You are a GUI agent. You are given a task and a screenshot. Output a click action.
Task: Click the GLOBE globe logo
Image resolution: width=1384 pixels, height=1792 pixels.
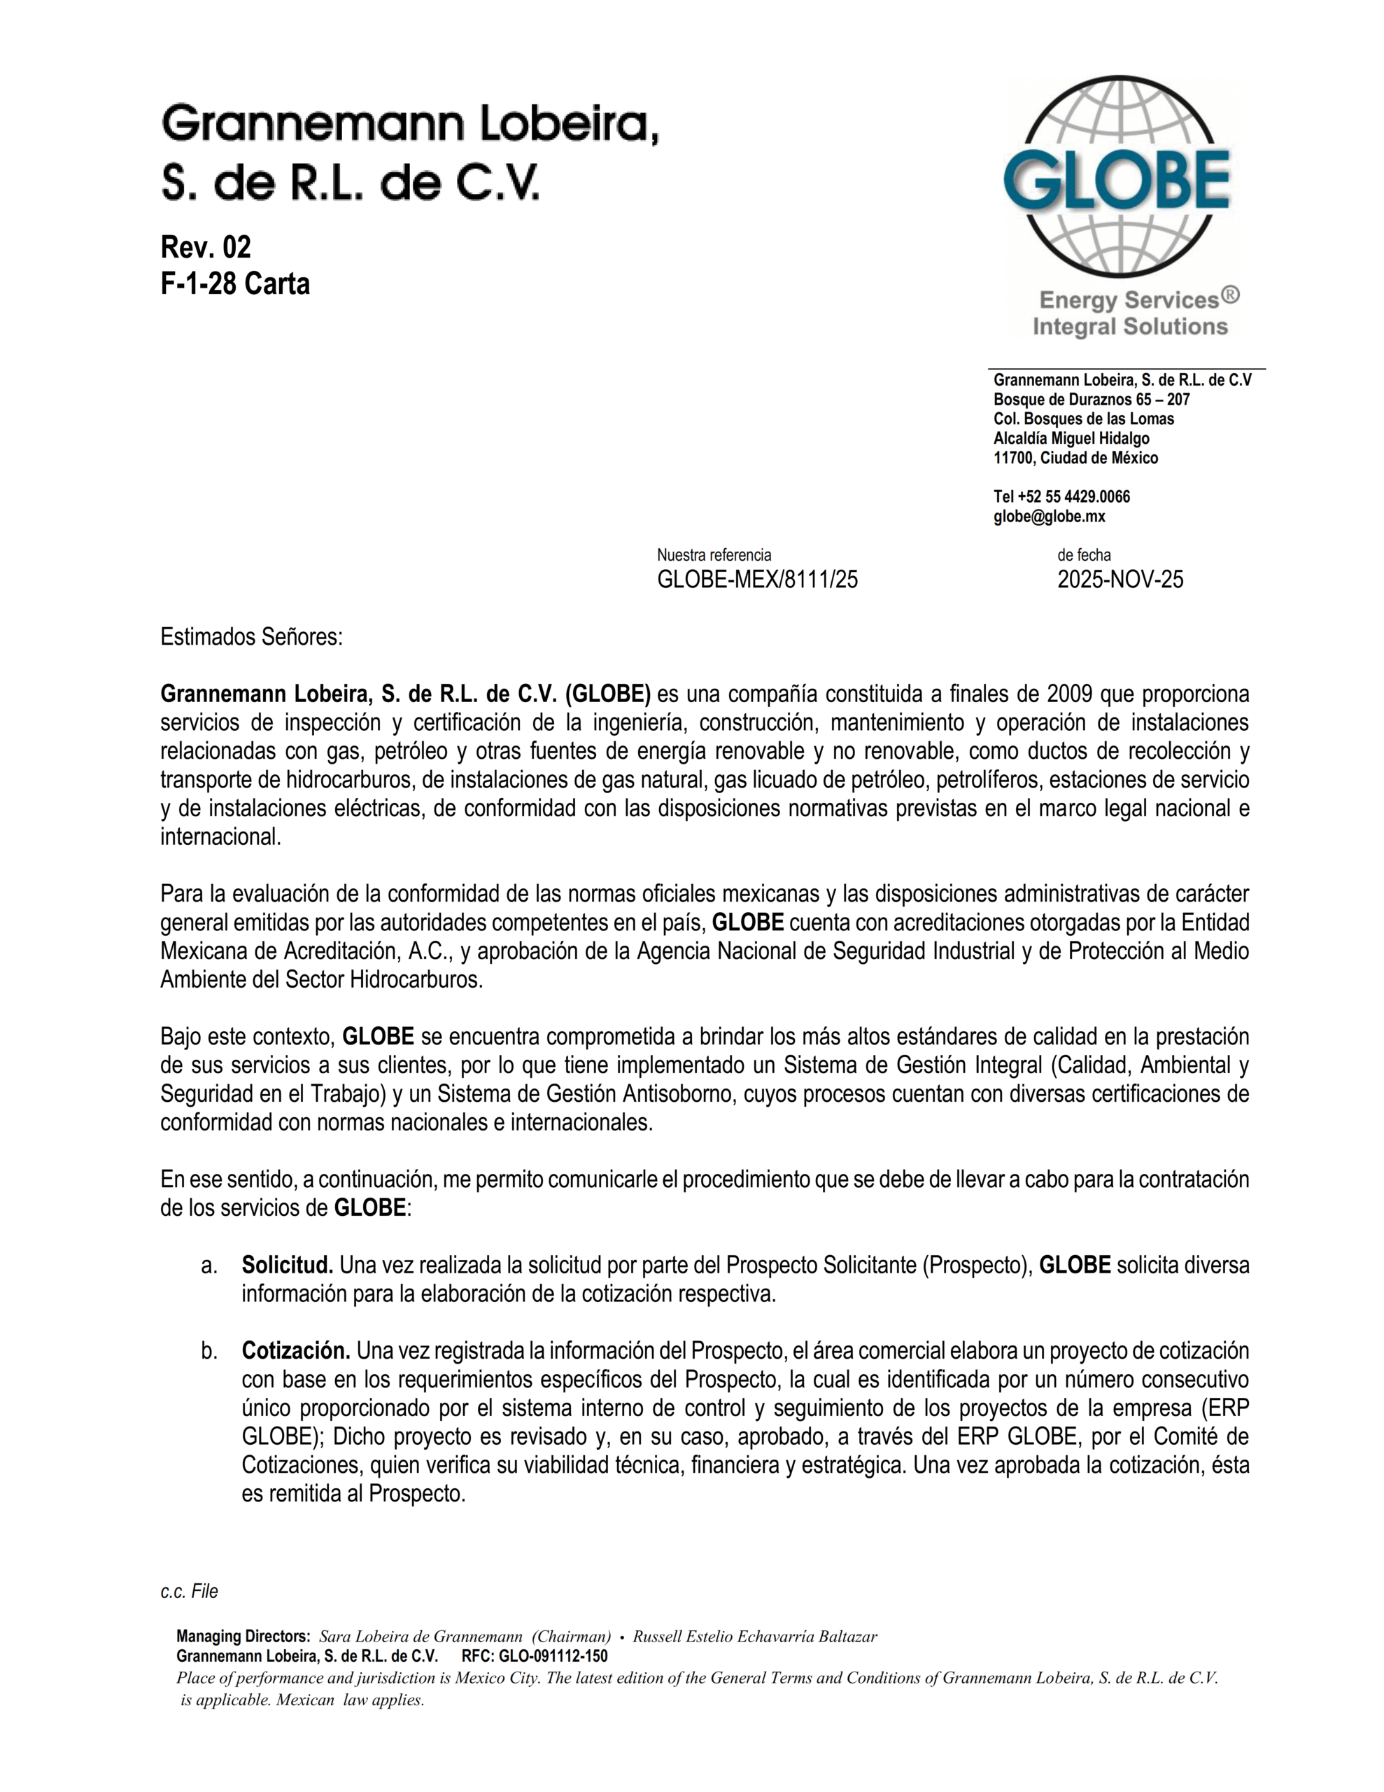(x=1117, y=177)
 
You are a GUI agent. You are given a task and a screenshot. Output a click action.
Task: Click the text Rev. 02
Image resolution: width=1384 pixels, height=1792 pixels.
(x=205, y=247)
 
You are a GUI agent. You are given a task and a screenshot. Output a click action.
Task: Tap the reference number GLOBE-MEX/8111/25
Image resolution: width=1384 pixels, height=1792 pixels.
(x=756, y=580)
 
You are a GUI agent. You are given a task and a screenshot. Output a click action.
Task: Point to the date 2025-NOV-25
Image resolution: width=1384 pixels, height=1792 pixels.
(x=1120, y=580)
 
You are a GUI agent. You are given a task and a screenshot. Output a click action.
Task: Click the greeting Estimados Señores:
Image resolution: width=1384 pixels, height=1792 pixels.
(x=251, y=637)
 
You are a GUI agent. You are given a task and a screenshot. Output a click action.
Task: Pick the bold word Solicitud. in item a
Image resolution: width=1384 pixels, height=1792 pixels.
(x=286, y=1265)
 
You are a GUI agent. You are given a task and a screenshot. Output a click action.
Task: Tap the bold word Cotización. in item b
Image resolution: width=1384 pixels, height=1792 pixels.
(x=295, y=1350)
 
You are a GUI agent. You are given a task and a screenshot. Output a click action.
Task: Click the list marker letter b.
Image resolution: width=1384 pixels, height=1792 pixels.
(x=209, y=1350)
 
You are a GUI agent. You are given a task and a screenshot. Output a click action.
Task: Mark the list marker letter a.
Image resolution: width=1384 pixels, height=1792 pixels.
(x=209, y=1265)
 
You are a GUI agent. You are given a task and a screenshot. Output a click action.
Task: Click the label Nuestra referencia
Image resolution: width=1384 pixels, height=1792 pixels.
(x=714, y=556)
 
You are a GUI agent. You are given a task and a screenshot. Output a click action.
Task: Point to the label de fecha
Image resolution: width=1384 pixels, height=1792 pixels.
(x=1084, y=556)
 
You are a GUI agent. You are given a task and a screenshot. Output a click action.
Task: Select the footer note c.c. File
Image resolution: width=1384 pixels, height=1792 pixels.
(x=189, y=1592)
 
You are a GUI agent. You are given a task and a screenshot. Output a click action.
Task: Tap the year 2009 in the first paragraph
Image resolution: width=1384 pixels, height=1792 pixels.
(x=1070, y=694)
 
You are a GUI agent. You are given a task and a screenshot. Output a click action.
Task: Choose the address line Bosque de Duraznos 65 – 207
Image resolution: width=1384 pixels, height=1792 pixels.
(x=1091, y=400)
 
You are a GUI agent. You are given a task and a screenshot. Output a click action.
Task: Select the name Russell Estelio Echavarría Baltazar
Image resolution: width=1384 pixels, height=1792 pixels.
(x=755, y=1637)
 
